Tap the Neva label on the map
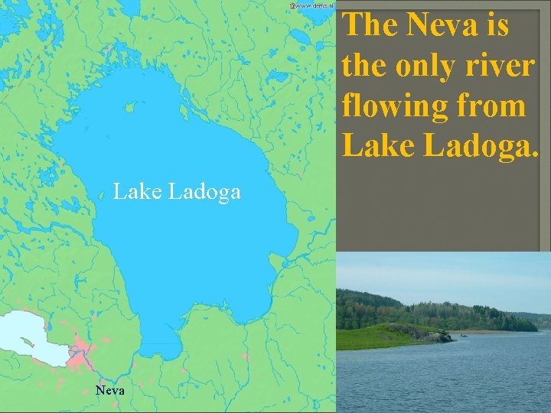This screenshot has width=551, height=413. pyautogui.click(x=110, y=390)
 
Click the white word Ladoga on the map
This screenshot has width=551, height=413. pyautogui.click(x=204, y=191)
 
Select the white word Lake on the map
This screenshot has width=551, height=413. pyautogui.click(x=137, y=191)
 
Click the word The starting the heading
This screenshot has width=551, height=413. pyautogui.click(x=371, y=25)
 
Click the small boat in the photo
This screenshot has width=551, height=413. pyautogui.click(x=463, y=336)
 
